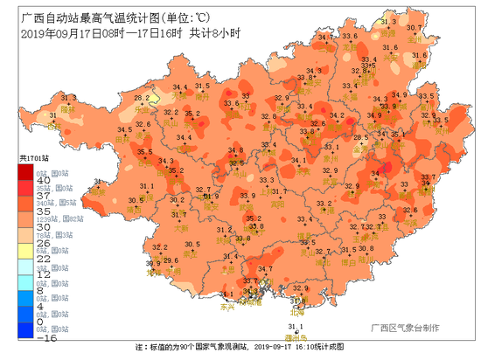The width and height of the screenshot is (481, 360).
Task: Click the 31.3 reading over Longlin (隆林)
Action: click(53, 114)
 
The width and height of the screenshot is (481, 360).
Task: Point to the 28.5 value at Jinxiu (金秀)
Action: click(359, 137)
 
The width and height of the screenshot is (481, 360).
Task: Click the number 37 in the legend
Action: click(41, 196)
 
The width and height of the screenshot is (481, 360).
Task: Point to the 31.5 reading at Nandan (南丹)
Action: click(202, 87)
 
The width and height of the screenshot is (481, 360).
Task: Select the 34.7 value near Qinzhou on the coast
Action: click(265, 269)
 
